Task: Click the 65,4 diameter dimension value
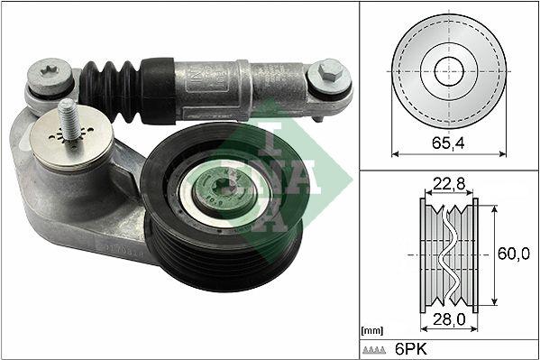click(x=448, y=141)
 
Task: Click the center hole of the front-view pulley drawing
click(x=448, y=70)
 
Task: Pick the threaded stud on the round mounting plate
click(x=67, y=117)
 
